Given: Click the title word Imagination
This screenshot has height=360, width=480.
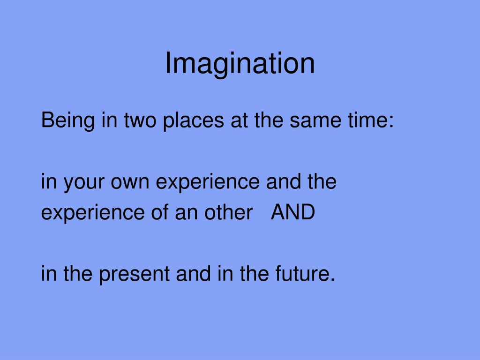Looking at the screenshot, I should coord(240,64).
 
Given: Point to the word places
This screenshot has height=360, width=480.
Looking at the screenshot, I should coord(193,121).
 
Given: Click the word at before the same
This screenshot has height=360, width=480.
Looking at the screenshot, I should coord(239,121).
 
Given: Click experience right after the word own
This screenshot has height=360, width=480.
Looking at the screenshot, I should coord(207,182).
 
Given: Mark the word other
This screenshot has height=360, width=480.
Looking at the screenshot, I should coord(228,213).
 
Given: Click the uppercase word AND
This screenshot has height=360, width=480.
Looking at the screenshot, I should coord(293,213).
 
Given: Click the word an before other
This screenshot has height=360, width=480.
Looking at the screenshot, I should coord(186,213).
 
